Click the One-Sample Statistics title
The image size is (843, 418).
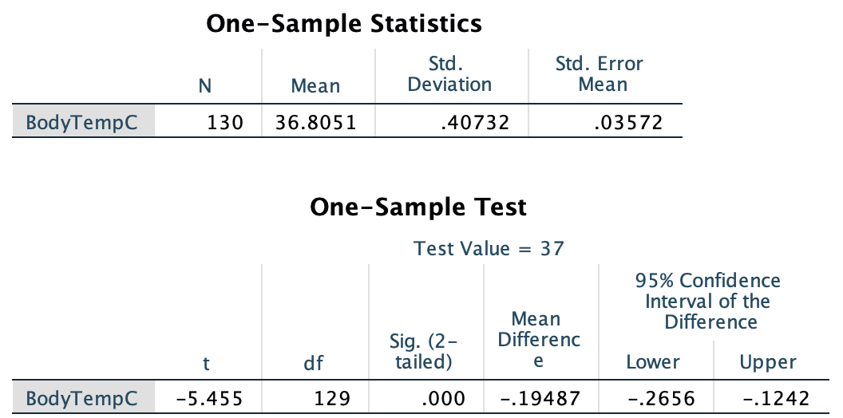point(344,24)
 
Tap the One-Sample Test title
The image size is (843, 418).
point(418,207)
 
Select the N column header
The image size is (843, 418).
point(205,86)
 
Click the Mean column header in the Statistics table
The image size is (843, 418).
point(315,86)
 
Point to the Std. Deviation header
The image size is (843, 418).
point(449,74)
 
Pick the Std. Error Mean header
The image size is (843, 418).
point(599,74)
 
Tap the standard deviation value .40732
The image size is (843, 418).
point(475,123)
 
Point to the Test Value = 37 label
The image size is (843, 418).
point(489,249)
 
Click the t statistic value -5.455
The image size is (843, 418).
point(207,398)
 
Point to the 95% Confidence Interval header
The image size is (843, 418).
point(707,302)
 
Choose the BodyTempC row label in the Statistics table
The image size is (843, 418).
point(76,123)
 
